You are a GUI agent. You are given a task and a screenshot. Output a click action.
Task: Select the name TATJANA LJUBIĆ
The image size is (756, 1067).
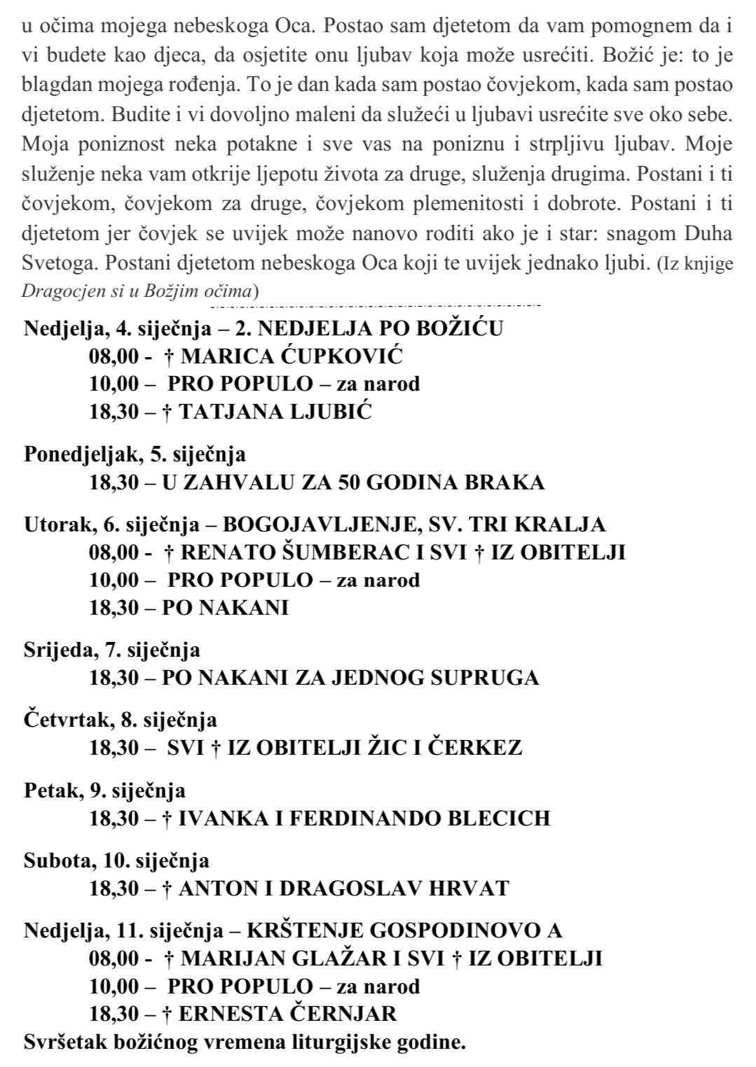tap(275, 412)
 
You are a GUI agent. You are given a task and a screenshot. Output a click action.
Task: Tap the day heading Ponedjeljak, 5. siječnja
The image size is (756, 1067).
tap(135, 454)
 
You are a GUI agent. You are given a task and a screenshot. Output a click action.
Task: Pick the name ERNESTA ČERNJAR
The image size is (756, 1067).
tap(287, 1013)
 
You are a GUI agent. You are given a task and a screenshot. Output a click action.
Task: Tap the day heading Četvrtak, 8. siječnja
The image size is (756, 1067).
tap(121, 720)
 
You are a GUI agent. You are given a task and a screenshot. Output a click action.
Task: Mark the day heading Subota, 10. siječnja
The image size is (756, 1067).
tap(116, 860)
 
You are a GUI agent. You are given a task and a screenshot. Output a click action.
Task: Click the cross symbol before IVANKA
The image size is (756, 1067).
tap(168, 818)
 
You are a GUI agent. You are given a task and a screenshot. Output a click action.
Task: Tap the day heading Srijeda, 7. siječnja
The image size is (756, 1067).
tap(112, 650)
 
